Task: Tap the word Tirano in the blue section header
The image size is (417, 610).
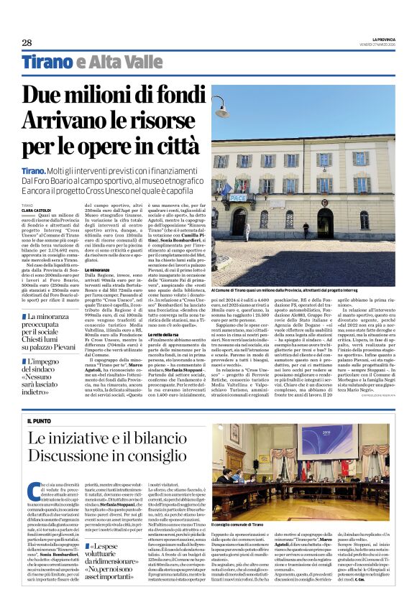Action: click(x=46, y=63)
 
